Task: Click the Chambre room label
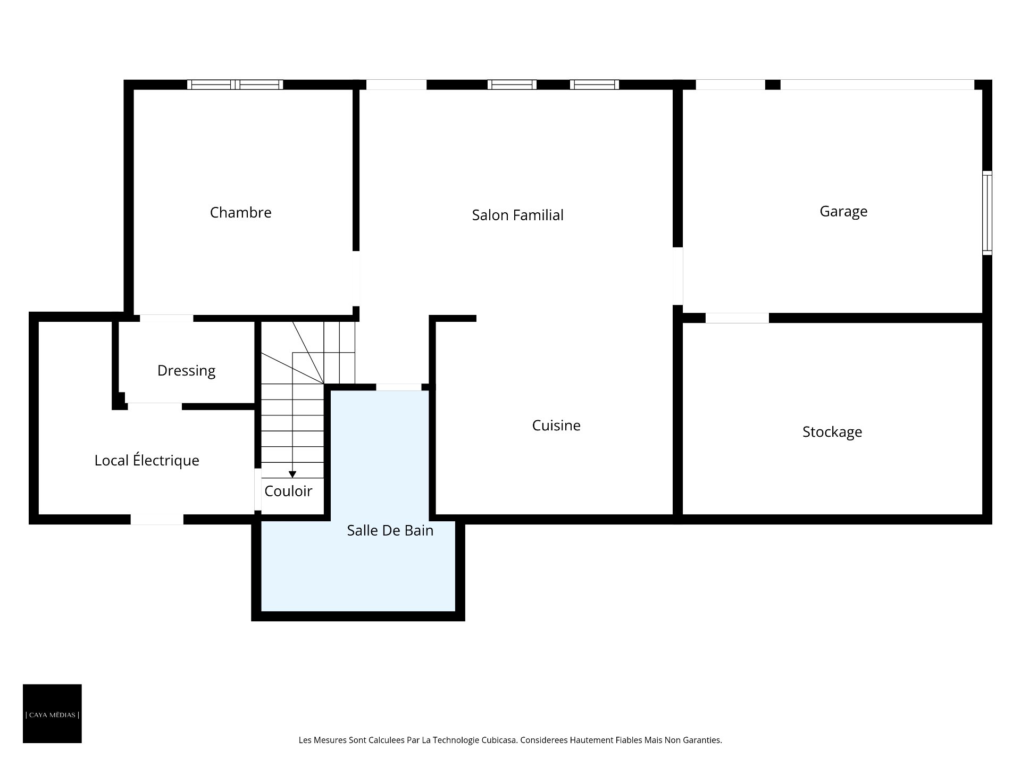[241, 212]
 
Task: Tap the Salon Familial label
[517, 215]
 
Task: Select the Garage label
[843, 211]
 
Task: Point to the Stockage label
[832, 432]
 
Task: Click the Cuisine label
[556, 425]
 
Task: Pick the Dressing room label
[186, 371]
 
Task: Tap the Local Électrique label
[147, 460]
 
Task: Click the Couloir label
[288, 491]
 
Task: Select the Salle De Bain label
[390, 530]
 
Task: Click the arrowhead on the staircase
[292, 474]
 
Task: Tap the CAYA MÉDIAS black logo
[52, 713]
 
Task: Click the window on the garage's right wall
[987, 213]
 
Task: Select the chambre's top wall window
[235, 85]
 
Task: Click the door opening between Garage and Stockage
[737, 318]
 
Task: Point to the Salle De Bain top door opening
[399, 387]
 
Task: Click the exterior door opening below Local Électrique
[157, 520]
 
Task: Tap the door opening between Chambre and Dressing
[166, 318]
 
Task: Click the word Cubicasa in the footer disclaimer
[499, 740]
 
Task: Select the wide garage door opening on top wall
[877, 85]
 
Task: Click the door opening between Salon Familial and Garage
[678, 276]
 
